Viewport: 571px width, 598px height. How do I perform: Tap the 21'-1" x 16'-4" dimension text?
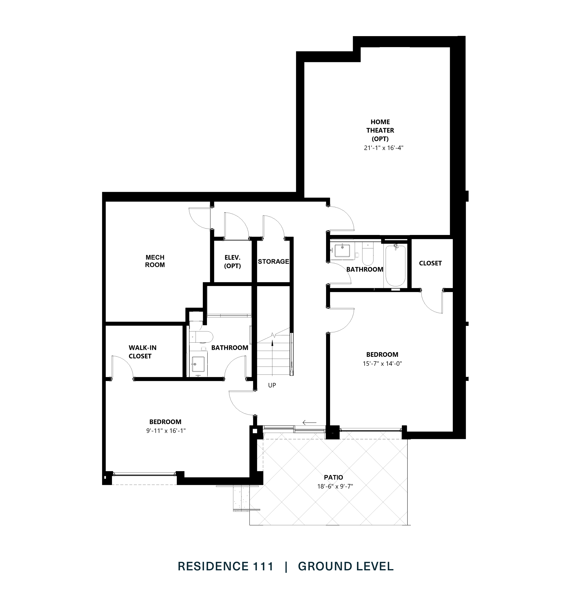(383, 148)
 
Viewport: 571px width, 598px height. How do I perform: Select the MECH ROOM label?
(155, 261)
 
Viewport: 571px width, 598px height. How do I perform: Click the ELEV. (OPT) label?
(232, 261)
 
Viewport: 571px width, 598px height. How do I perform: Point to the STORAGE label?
(273, 261)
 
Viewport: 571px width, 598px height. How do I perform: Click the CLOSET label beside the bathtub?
(430, 263)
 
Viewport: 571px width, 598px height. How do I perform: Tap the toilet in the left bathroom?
(202, 337)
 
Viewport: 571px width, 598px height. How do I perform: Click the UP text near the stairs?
(272, 385)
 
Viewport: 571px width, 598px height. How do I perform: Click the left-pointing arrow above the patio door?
(309, 422)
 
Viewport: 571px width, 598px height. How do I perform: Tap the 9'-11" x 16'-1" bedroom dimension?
(166, 431)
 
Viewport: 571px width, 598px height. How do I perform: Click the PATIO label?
(333, 477)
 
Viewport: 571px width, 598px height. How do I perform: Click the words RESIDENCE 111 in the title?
(226, 566)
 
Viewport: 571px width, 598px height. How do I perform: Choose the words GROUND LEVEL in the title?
(345, 566)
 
